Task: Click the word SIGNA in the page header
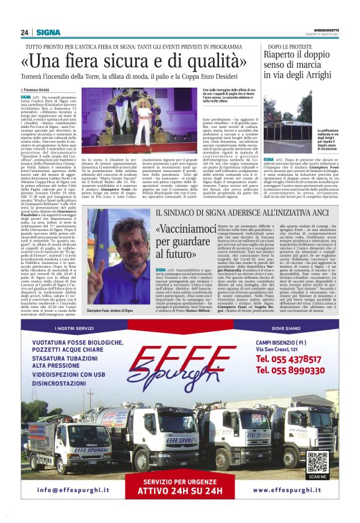coord(48,32)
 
